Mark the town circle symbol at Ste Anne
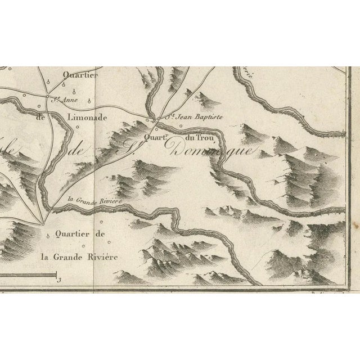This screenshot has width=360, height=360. [x=48, y=102]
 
